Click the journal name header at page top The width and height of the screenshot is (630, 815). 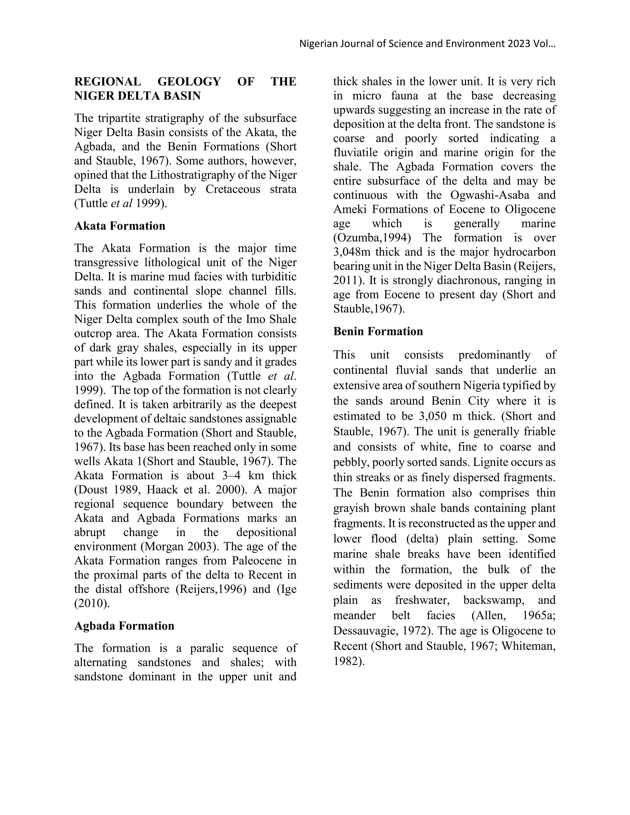tap(427, 44)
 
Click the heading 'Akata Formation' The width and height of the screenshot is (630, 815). tap(119, 226)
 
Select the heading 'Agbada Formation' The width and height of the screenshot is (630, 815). tap(124, 626)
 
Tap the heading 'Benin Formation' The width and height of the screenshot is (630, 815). tap(378, 331)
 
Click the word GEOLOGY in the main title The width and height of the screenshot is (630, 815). tap(189, 81)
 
